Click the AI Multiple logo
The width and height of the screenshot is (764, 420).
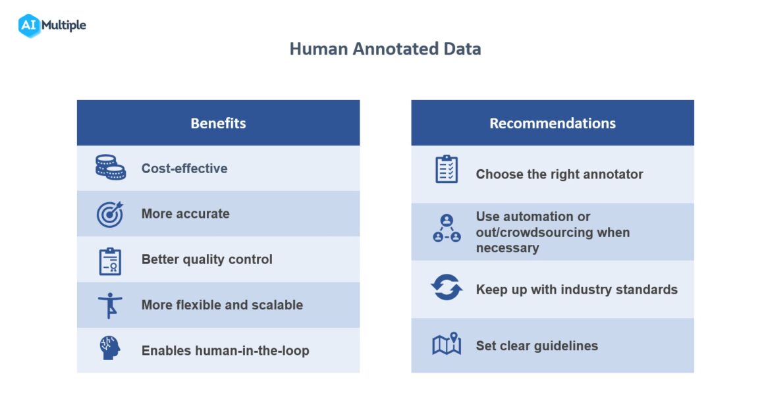[x=52, y=26]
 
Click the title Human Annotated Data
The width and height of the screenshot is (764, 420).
[x=385, y=49]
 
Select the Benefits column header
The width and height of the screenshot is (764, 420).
[x=218, y=123]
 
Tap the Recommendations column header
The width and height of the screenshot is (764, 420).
[x=552, y=123]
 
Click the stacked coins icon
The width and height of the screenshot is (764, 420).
[x=110, y=168]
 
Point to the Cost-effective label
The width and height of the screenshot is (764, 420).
[x=184, y=169]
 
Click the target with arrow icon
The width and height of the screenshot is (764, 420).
[x=110, y=214]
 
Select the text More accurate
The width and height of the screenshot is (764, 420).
[x=185, y=214]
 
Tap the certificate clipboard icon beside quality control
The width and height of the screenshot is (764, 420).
[x=110, y=260]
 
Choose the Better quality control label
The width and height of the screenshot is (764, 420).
[x=207, y=259]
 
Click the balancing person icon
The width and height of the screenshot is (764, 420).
[x=110, y=305]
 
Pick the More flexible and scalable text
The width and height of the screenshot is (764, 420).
[x=222, y=305]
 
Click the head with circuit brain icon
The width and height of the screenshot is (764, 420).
[x=110, y=348]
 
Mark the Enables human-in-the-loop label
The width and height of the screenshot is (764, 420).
[x=225, y=351]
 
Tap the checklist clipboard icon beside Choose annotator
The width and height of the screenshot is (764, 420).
[x=447, y=169]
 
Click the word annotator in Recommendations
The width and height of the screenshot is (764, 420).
[x=612, y=174]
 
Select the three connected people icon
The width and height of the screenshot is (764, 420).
[x=447, y=228]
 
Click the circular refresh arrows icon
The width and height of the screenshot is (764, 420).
[x=447, y=288]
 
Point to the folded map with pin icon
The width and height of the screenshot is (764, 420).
[x=447, y=344]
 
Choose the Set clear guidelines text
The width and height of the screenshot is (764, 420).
[x=537, y=346]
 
